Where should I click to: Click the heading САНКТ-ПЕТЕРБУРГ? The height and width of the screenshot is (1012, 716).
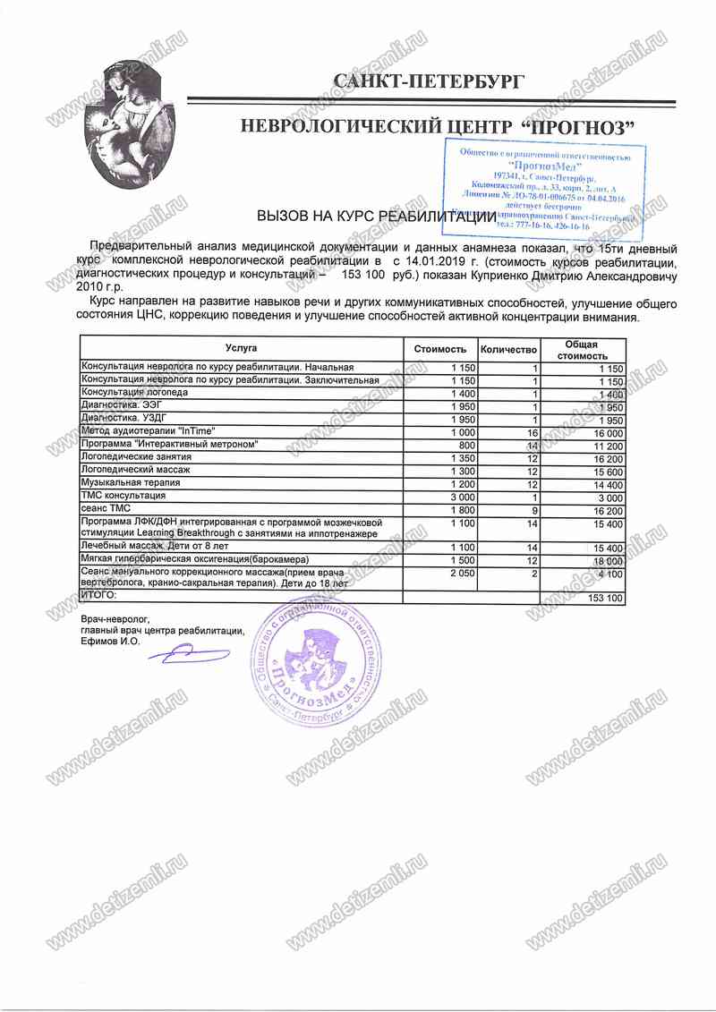click(x=429, y=81)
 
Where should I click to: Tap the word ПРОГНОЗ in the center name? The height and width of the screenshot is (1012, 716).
click(x=578, y=127)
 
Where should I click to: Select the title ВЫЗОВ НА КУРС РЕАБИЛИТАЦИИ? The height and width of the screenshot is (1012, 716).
click(x=376, y=217)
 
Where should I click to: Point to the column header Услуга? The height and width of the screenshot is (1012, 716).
click(x=241, y=347)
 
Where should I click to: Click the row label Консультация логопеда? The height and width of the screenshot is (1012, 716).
click(x=135, y=393)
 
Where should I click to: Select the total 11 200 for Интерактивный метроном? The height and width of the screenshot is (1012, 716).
click(x=605, y=445)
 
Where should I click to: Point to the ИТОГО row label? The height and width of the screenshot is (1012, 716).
click(x=99, y=596)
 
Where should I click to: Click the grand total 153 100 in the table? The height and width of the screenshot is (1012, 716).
click(x=603, y=597)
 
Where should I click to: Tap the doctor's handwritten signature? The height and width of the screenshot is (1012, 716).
click(x=188, y=656)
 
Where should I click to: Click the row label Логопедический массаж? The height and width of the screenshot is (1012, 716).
click(x=135, y=470)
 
